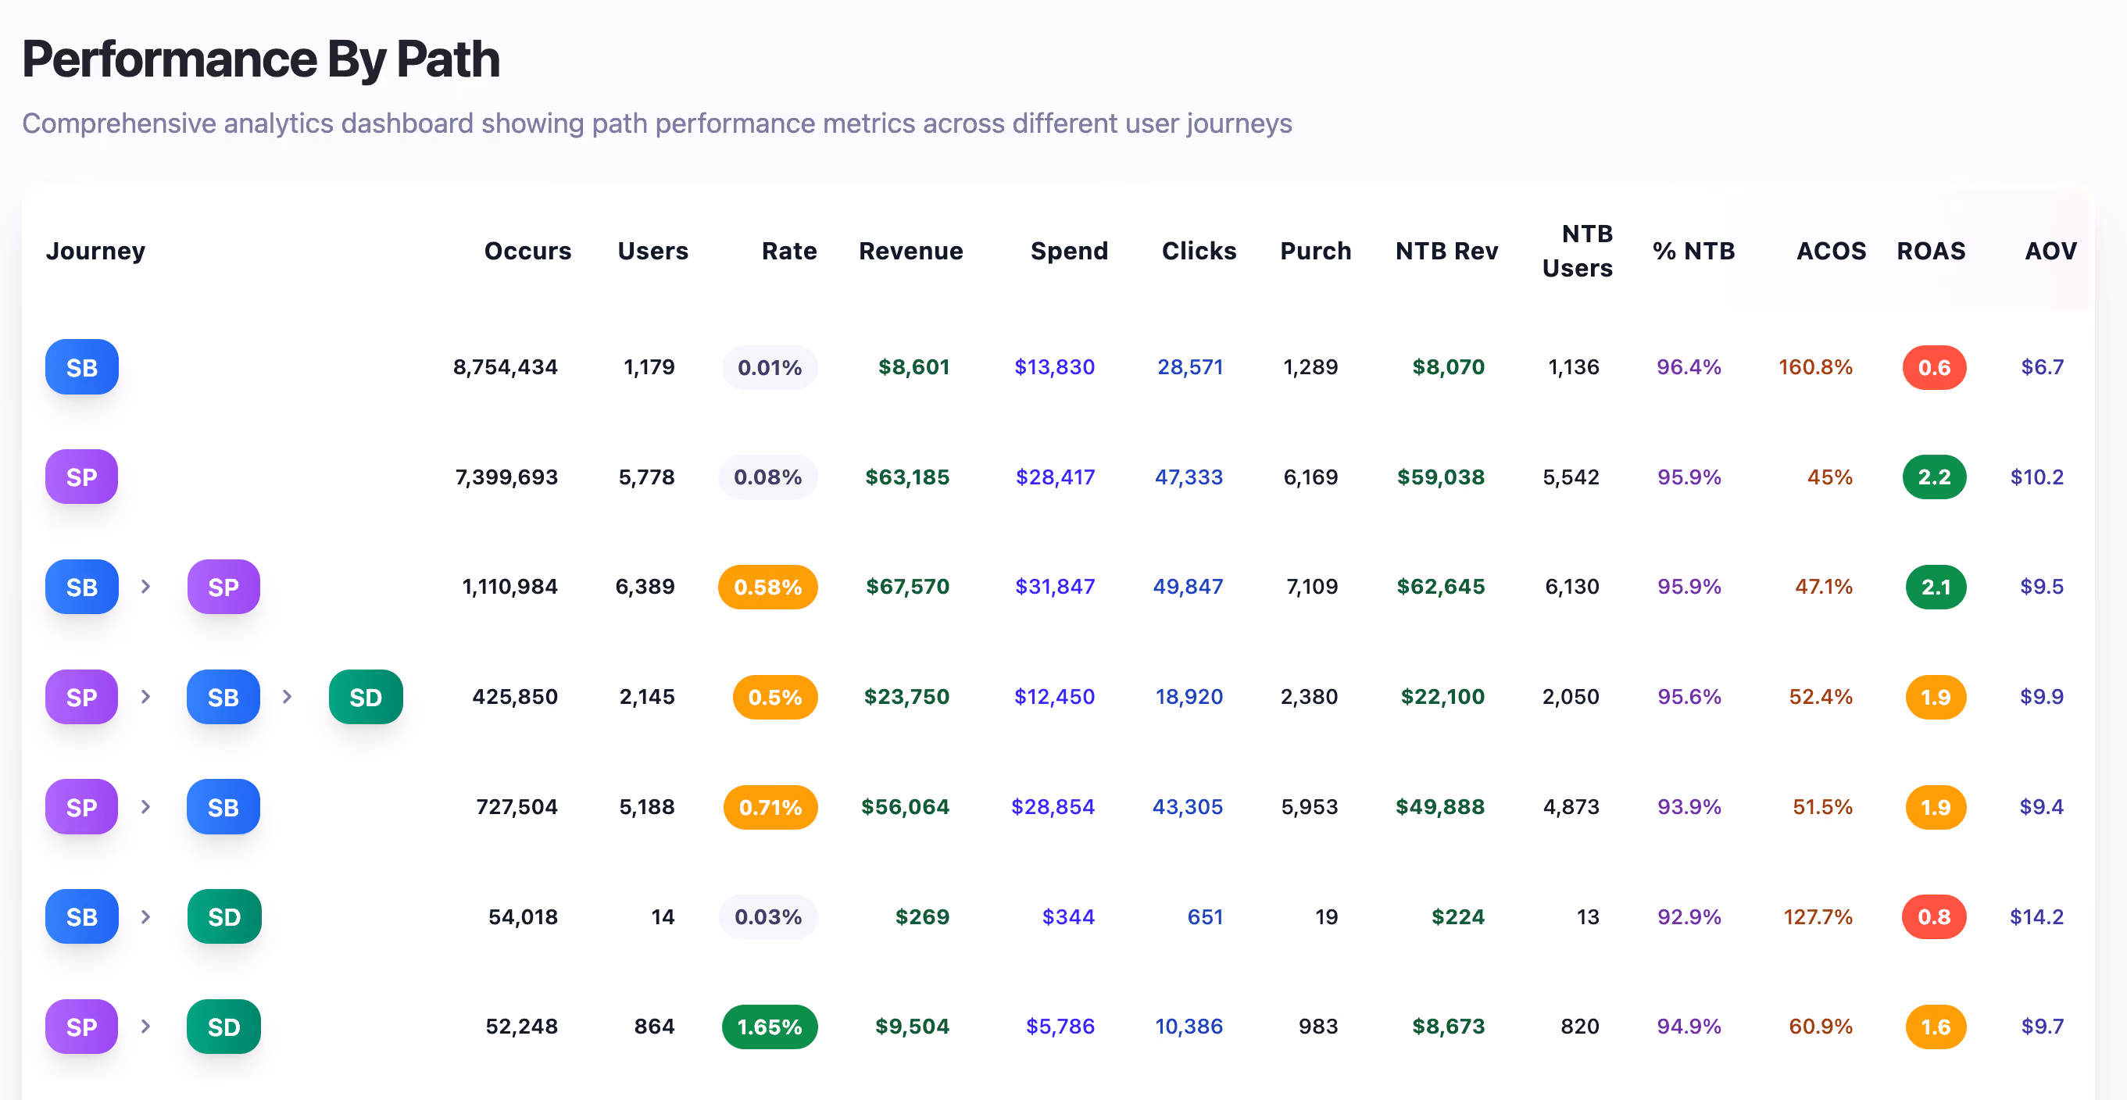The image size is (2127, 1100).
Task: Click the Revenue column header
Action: pos(911,251)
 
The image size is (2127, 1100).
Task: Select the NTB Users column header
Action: pos(1577,251)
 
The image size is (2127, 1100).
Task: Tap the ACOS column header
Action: pos(1831,251)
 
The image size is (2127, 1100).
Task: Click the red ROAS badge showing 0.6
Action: pos(1934,367)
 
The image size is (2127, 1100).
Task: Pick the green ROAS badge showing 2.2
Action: pos(1934,477)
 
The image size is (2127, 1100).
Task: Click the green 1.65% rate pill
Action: pos(770,1027)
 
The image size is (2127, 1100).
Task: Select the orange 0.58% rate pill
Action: pos(768,587)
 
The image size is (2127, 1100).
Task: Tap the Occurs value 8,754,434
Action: pos(506,367)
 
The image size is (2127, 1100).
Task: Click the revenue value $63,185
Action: pos(906,477)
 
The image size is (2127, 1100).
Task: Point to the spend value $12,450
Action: pos(1053,697)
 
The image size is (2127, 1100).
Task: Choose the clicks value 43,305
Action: pos(1188,807)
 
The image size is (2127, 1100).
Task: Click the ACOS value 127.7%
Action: pos(1818,916)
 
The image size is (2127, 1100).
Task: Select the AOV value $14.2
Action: pos(2036,916)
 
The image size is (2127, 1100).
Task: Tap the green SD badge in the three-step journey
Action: pos(366,697)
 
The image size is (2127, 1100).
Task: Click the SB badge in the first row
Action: pos(82,367)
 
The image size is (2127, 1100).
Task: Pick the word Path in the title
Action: pos(448,59)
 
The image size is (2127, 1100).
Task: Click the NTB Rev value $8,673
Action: pos(1447,1027)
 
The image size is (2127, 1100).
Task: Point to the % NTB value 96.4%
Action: pos(1689,367)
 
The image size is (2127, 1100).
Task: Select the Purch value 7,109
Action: pos(1311,587)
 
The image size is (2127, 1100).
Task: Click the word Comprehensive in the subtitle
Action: pos(119,123)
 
